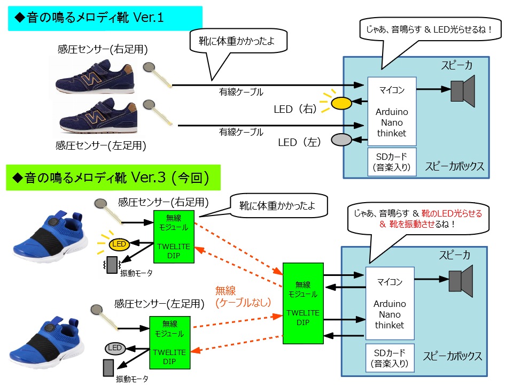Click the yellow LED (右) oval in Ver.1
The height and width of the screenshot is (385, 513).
(341, 103)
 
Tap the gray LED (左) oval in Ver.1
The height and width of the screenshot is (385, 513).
(341, 140)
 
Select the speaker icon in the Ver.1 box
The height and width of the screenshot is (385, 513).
(462, 90)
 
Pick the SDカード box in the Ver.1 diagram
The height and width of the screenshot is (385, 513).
(391, 161)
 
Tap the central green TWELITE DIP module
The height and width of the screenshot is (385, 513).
(303, 303)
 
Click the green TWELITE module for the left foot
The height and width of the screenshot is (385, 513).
(169, 342)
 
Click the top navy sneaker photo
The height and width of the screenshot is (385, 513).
(96, 78)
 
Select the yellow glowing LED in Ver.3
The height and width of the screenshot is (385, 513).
(119, 244)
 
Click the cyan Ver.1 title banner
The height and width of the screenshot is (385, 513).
(105, 18)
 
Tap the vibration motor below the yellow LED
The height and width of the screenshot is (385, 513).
(112, 265)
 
